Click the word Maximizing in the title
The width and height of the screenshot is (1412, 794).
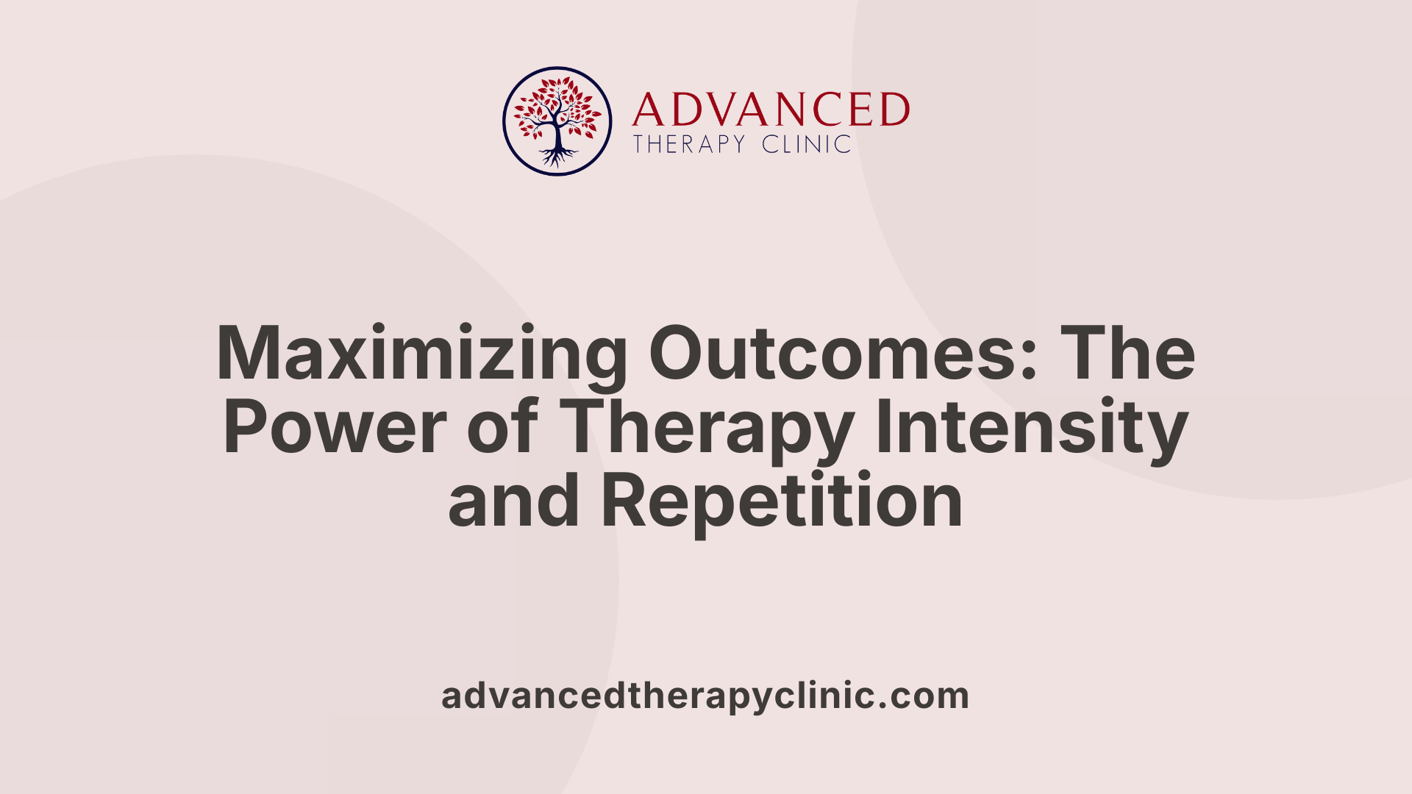(421, 354)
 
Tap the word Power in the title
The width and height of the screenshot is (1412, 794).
(335, 427)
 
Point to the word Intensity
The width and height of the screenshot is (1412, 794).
(1031, 427)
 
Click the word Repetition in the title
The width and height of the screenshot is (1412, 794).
(782, 501)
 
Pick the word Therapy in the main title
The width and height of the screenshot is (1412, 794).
(706, 427)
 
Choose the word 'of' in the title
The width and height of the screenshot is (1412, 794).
(502, 427)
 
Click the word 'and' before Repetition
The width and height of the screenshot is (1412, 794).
(513, 501)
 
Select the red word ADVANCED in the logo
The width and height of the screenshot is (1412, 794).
(771, 110)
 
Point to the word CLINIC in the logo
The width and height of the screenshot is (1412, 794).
(806, 144)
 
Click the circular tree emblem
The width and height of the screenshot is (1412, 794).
(557, 121)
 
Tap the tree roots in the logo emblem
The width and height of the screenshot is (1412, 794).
(557, 156)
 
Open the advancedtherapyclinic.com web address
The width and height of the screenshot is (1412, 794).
(705, 696)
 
